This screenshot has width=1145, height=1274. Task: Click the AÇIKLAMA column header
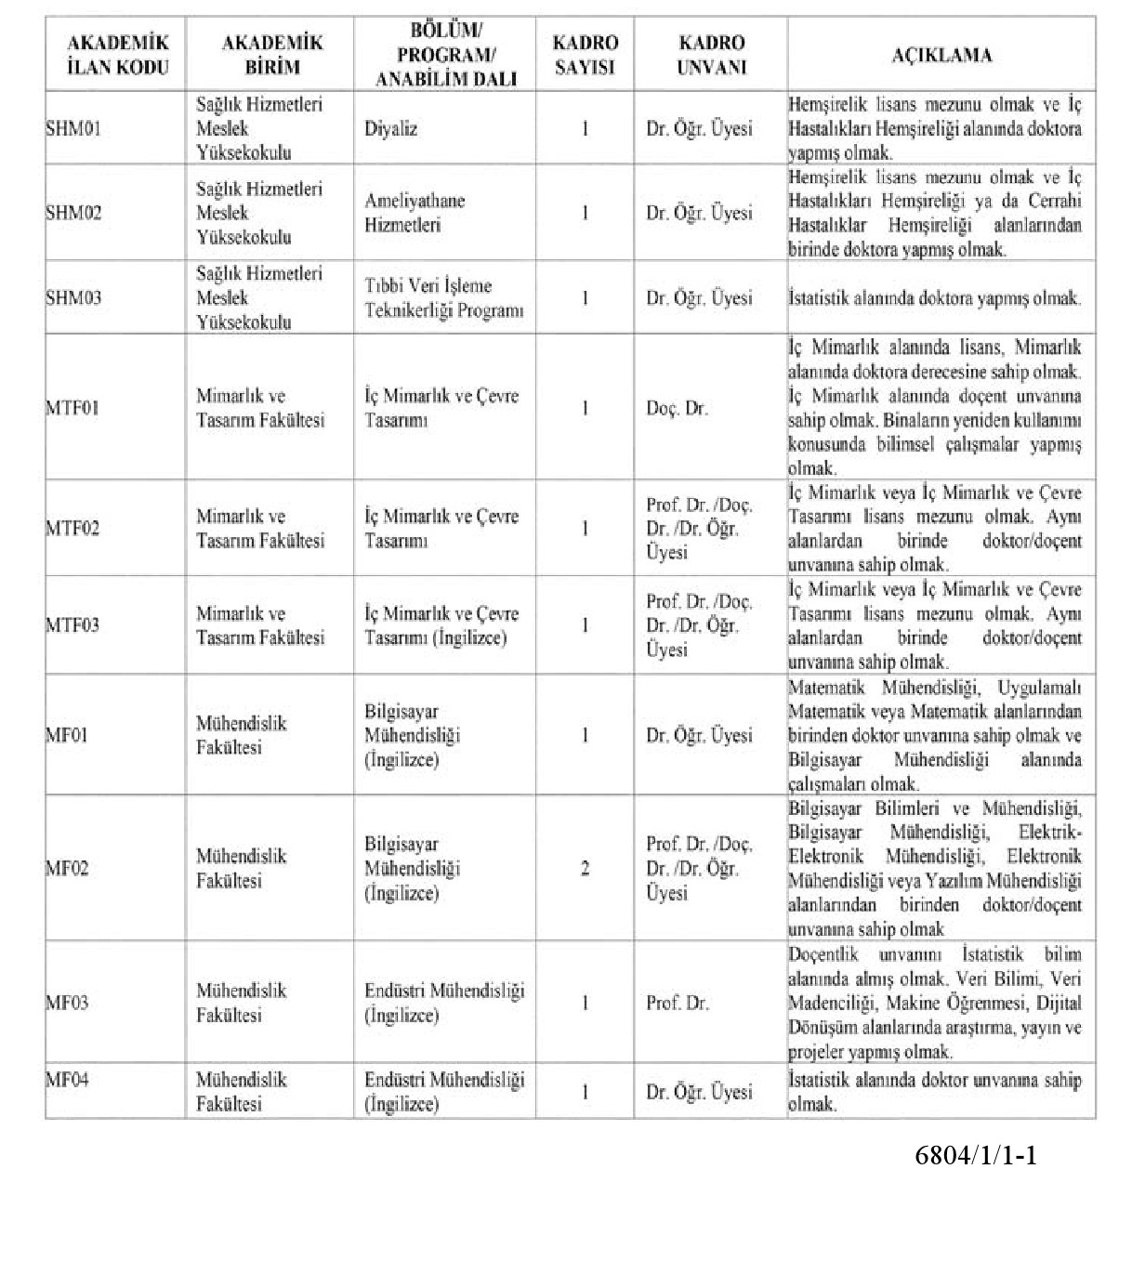click(x=941, y=55)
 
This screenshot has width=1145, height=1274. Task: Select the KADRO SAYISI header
click(x=585, y=55)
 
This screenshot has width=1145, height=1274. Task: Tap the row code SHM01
click(x=73, y=128)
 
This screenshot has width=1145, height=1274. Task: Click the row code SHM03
click(x=73, y=298)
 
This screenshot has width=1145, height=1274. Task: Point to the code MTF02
click(x=72, y=529)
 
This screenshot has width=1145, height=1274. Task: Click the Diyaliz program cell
click(x=390, y=128)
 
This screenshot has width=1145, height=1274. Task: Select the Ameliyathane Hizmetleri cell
click(x=415, y=213)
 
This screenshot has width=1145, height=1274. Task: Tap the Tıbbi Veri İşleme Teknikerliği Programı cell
click(x=443, y=298)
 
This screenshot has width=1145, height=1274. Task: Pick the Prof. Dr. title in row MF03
click(x=677, y=1004)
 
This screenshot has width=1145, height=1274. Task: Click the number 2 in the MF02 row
click(x=585, y=870)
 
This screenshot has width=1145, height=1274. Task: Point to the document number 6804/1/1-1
click(x=975, y=1156)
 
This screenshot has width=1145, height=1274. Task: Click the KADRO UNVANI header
click(x=711, y=55)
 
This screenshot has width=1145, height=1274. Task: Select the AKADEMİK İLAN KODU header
click(x=117, y=55)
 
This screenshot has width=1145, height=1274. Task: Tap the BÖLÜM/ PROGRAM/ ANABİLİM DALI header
click(x=444, y=55)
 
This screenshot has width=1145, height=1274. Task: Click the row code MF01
click(x=67, y=736)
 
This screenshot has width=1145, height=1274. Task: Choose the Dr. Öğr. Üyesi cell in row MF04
click(x=699, y=1093)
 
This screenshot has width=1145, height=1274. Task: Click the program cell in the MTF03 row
click(x=441, y=626)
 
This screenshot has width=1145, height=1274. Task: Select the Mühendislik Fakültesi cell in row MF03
click(x=241, y=1004)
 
